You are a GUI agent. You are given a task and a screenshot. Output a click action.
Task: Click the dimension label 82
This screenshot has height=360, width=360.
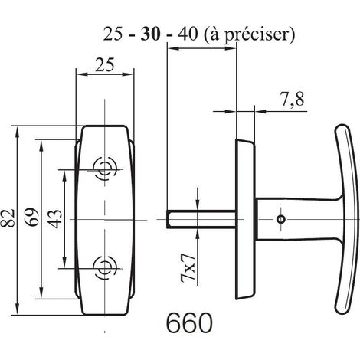pyautogui.click(x=8, y=218)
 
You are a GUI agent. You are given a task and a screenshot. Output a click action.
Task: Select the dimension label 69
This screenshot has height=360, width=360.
pyautogui.click(x=31, y=218)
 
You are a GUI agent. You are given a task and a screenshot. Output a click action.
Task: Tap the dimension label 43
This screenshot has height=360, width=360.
pyautogui.click(x=55, y=219)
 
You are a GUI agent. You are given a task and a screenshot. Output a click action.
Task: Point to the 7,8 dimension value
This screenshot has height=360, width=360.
pyautogui.click(x=293, y=100)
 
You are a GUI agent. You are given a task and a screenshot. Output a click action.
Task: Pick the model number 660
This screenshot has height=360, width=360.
pyautogui.click(x=189, y=323)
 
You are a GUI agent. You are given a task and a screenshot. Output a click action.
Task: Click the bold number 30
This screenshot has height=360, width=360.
pyautogui.click(x=151, y=34)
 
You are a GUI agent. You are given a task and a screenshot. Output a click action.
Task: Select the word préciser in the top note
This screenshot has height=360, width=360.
pyautogui.click(x=257, y=34)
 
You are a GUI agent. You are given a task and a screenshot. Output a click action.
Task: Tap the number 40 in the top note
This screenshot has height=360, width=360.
pyautogui.click(x=188, y=34)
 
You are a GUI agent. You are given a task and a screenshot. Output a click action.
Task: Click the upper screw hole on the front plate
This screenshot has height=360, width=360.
pyautogui.click(x=104, y=169)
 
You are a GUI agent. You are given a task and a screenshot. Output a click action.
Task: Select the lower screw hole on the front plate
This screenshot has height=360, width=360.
pyautogui.click(x=104, y=268)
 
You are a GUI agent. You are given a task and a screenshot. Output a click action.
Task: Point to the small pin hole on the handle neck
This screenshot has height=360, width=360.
pyautogui.click(x=281, y=219)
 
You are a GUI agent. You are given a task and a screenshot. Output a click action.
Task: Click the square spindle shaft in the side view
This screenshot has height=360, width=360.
pyautogui.click(x=201, y=219)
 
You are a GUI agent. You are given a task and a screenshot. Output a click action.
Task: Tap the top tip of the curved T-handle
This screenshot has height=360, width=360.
pyautogui.click(x=341, y=126)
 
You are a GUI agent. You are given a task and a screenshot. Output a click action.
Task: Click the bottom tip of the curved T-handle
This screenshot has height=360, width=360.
pyautogui.click(x=341, y=312)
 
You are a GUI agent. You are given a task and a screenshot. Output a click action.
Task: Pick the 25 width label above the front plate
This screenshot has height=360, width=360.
pyautogui.click(x=105, y=65)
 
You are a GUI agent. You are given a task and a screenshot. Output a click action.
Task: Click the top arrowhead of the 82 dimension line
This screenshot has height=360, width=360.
pyautogui.click(x=18, y=133)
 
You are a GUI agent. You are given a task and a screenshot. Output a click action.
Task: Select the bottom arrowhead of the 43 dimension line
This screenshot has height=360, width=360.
pyautogui.click(x=65, y=263)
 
